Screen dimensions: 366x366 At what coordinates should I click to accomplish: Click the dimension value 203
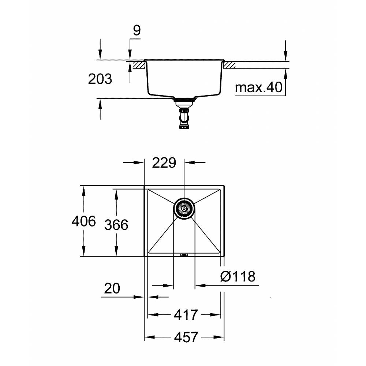(100, 79)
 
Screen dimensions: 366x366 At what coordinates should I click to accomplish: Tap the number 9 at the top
(137, 30)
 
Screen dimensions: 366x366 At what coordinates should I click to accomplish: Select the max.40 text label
(259, 87)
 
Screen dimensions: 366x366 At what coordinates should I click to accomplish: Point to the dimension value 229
(164, 163)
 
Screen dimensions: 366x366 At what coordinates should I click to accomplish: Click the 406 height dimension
(83, 221)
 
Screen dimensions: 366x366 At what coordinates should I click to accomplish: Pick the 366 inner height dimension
(116, 225)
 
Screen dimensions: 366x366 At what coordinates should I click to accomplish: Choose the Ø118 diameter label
(238, 276)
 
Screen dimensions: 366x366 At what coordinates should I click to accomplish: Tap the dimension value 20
(112, 288)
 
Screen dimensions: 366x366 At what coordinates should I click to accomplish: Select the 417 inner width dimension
(186, 315)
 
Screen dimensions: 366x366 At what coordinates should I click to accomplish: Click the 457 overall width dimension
(186, 337)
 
